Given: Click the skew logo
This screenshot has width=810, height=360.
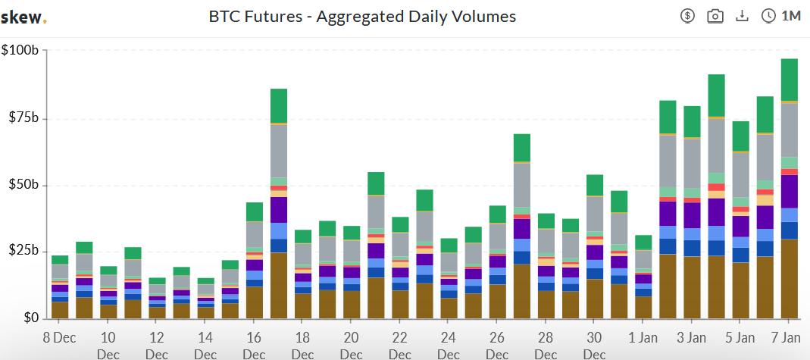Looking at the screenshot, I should (23, 17).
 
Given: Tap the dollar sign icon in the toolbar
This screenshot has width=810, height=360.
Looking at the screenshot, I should (687, 16).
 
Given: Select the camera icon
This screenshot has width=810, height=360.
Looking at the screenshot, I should (714, 16).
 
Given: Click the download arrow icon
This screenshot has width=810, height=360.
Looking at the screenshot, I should (741, 16).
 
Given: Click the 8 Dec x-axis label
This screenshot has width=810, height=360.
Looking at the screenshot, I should (60, 337).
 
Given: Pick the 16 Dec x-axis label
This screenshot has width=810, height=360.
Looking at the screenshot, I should (254, 337).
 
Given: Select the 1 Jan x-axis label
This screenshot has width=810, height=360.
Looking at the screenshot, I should (643, 337).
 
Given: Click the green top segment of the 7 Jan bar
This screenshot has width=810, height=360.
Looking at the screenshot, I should (789, 80).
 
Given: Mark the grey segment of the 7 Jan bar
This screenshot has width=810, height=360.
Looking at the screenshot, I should (789, 130).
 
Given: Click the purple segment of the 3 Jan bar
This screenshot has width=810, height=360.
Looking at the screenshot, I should (692, 215).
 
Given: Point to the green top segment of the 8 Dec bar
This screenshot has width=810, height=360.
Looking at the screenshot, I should (60, 260).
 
